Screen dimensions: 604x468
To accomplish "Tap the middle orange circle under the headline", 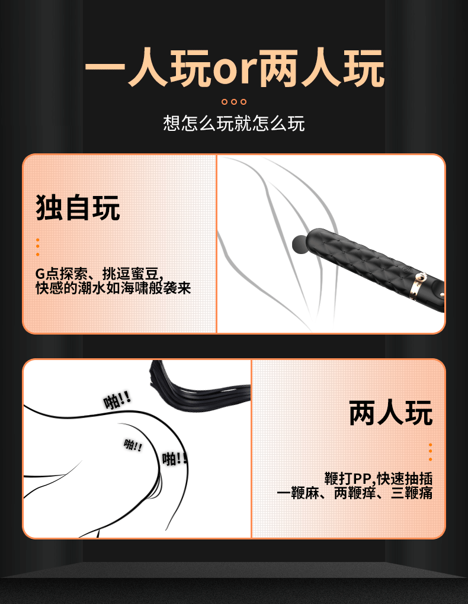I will point(234,101).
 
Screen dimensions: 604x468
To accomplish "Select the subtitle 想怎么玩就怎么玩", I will point(234,123).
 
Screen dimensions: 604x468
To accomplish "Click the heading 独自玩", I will point(78,207).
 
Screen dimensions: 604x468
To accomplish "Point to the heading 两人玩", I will point(390,413).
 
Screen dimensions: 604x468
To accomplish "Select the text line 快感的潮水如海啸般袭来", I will point(113,288).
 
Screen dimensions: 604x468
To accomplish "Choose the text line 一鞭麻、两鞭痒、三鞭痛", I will point(354,493).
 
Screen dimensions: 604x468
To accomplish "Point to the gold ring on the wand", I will point(421,277).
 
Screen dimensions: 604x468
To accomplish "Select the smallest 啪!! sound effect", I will point(133,445).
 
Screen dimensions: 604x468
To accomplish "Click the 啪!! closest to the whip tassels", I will point(117,401).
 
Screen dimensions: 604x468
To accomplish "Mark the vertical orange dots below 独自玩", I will point(37,247).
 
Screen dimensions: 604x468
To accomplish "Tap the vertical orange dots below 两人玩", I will point(430,452).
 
